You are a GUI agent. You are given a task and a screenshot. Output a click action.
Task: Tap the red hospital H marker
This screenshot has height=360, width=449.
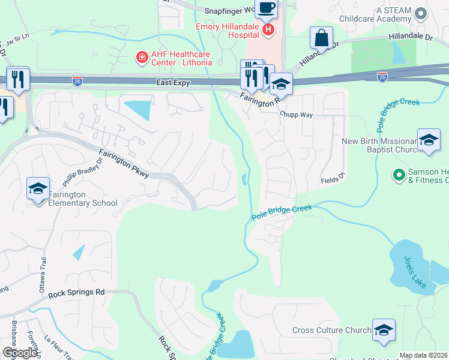[268, 29]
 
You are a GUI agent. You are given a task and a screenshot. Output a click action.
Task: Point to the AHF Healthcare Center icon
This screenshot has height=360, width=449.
[142, 58]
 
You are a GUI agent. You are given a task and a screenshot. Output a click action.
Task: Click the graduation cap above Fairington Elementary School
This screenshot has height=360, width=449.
[38, 188]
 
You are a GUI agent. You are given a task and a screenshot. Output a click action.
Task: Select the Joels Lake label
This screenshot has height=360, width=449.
[415, 272]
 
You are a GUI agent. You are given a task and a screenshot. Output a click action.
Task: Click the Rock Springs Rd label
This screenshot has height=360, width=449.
[76, 293]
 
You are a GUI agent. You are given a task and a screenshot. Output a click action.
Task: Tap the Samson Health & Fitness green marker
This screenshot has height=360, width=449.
[397, 175]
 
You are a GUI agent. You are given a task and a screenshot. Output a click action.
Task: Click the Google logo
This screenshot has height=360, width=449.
[20, 353]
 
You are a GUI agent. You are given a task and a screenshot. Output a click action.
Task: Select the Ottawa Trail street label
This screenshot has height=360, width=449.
[43, 277]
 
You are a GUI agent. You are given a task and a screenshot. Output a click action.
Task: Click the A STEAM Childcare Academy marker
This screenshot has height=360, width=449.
[421, 13]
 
